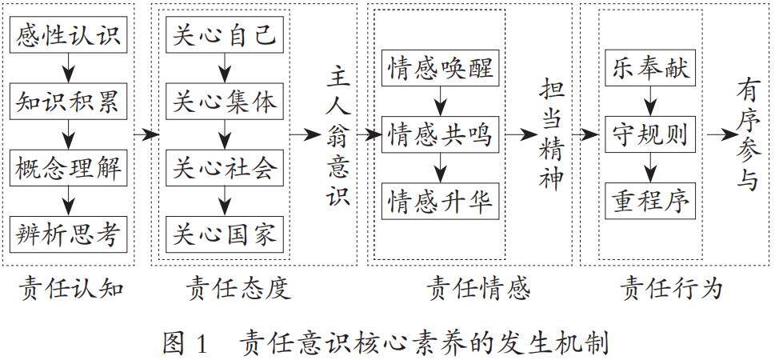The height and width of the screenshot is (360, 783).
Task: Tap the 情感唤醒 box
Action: pos(441,70)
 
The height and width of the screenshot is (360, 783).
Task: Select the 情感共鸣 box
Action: pos(441,135)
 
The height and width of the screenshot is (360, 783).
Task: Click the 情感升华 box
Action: pos(441,200)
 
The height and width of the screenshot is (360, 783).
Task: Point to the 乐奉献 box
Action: pos(652,70)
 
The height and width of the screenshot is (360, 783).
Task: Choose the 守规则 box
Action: pos(652,135)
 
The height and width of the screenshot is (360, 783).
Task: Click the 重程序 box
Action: pos(652,200)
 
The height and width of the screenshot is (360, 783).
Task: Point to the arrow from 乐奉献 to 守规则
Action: pos(652,102)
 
